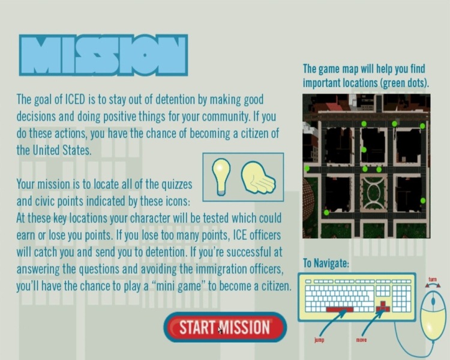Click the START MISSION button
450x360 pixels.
[x=225, y=327]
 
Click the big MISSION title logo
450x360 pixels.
[x=103, y=55]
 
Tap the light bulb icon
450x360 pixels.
[x=221, y=176]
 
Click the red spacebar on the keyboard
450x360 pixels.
[x=340, y=309]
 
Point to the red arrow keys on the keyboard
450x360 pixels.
[x=383, y=307]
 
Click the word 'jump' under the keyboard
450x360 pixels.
[x=319, y=340]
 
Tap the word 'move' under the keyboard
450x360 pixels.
[x=361, y=340]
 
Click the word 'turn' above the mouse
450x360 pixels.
[x=433, y=280]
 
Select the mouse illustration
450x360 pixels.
[x=433, y=317]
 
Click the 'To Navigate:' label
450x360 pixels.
[x=326, y=263]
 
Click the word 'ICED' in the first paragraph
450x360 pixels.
[x=75, y=100]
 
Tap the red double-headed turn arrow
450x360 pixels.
[x=433, y=285]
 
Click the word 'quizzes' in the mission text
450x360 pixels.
[x=176, y=184]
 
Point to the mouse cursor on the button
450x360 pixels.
[x=220, y=330]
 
